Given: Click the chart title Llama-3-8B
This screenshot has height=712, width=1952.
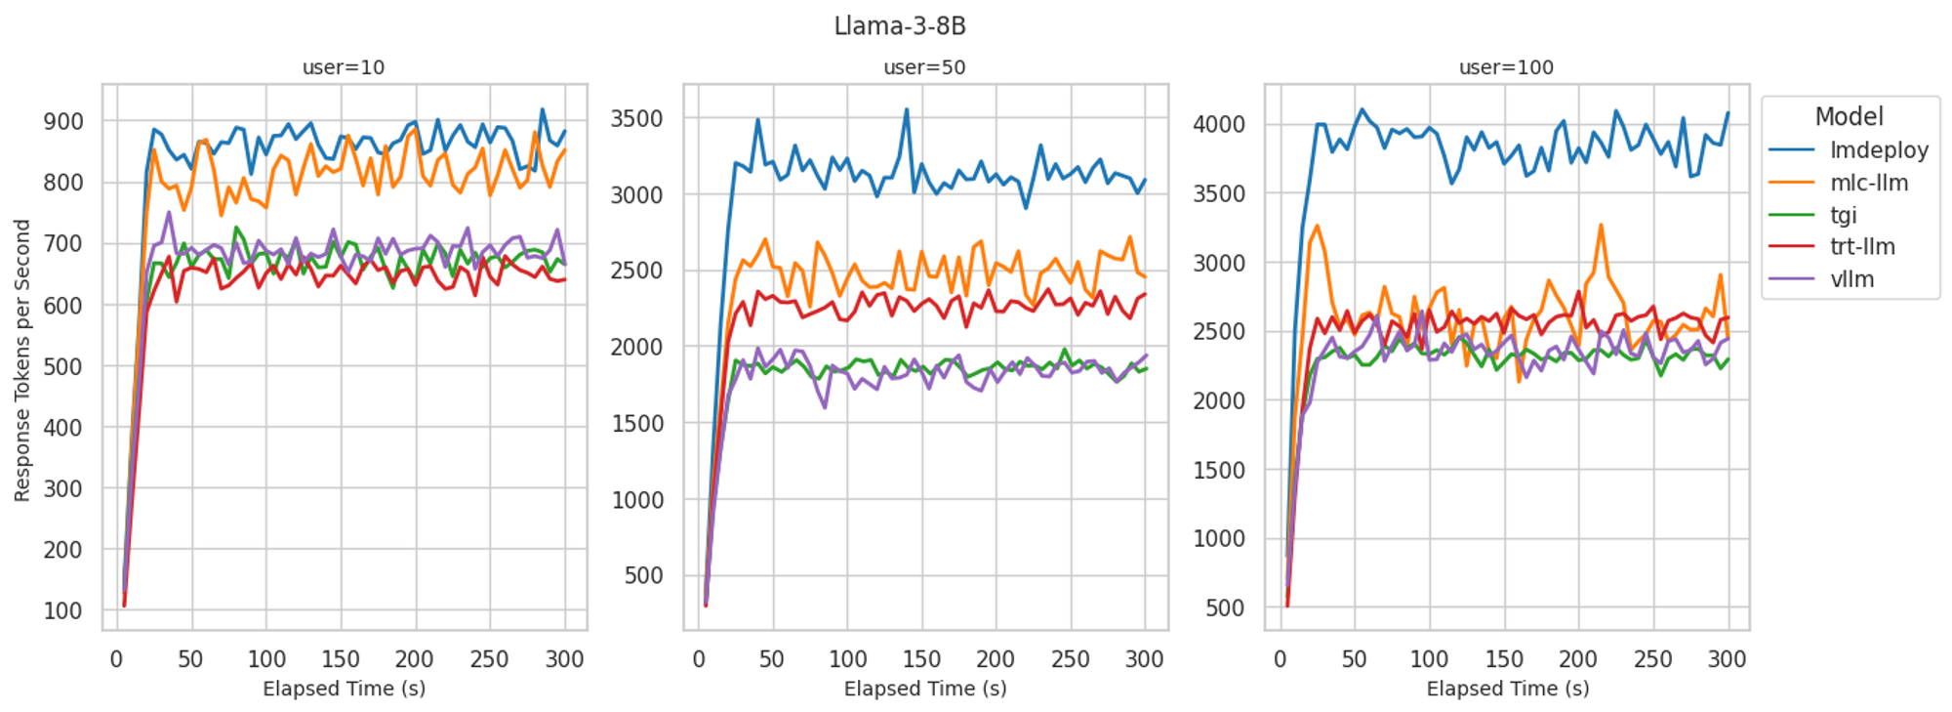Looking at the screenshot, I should [900, 26].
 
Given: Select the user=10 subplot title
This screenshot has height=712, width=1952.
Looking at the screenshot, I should [344, 67].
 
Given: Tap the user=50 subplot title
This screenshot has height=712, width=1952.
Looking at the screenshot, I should [924, 67].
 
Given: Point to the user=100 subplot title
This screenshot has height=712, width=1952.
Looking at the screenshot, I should [1506, 67].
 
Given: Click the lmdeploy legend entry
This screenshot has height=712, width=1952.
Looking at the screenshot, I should [1879, 150].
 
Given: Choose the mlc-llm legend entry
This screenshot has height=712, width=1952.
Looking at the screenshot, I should [1868, 183].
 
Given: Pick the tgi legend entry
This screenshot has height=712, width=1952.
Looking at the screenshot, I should [1843, 215].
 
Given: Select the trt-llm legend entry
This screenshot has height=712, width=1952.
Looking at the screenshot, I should [1862, 247].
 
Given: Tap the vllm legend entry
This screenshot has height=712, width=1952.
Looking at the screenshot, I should [1851, 279].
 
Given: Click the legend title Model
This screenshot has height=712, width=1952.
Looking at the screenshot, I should [1849, 117].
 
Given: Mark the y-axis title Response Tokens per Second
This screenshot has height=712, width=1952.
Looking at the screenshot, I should [22, 360].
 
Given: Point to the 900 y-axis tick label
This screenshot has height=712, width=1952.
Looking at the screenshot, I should [63, 121].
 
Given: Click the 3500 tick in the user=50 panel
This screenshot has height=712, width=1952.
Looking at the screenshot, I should [636, 119].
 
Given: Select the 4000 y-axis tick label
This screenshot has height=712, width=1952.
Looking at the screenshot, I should [1219, 124].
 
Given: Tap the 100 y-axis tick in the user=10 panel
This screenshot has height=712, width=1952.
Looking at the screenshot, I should [63, 610].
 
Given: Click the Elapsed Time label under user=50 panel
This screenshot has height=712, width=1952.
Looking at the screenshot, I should [924, 689].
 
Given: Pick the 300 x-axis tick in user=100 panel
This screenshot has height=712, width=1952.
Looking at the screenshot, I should [1727, 659].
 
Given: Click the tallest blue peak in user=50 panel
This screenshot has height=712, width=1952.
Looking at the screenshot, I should [907, 109].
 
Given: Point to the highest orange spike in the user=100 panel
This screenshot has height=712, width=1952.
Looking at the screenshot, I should [1601, 225].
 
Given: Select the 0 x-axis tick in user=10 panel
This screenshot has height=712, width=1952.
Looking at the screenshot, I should [117, 659].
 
